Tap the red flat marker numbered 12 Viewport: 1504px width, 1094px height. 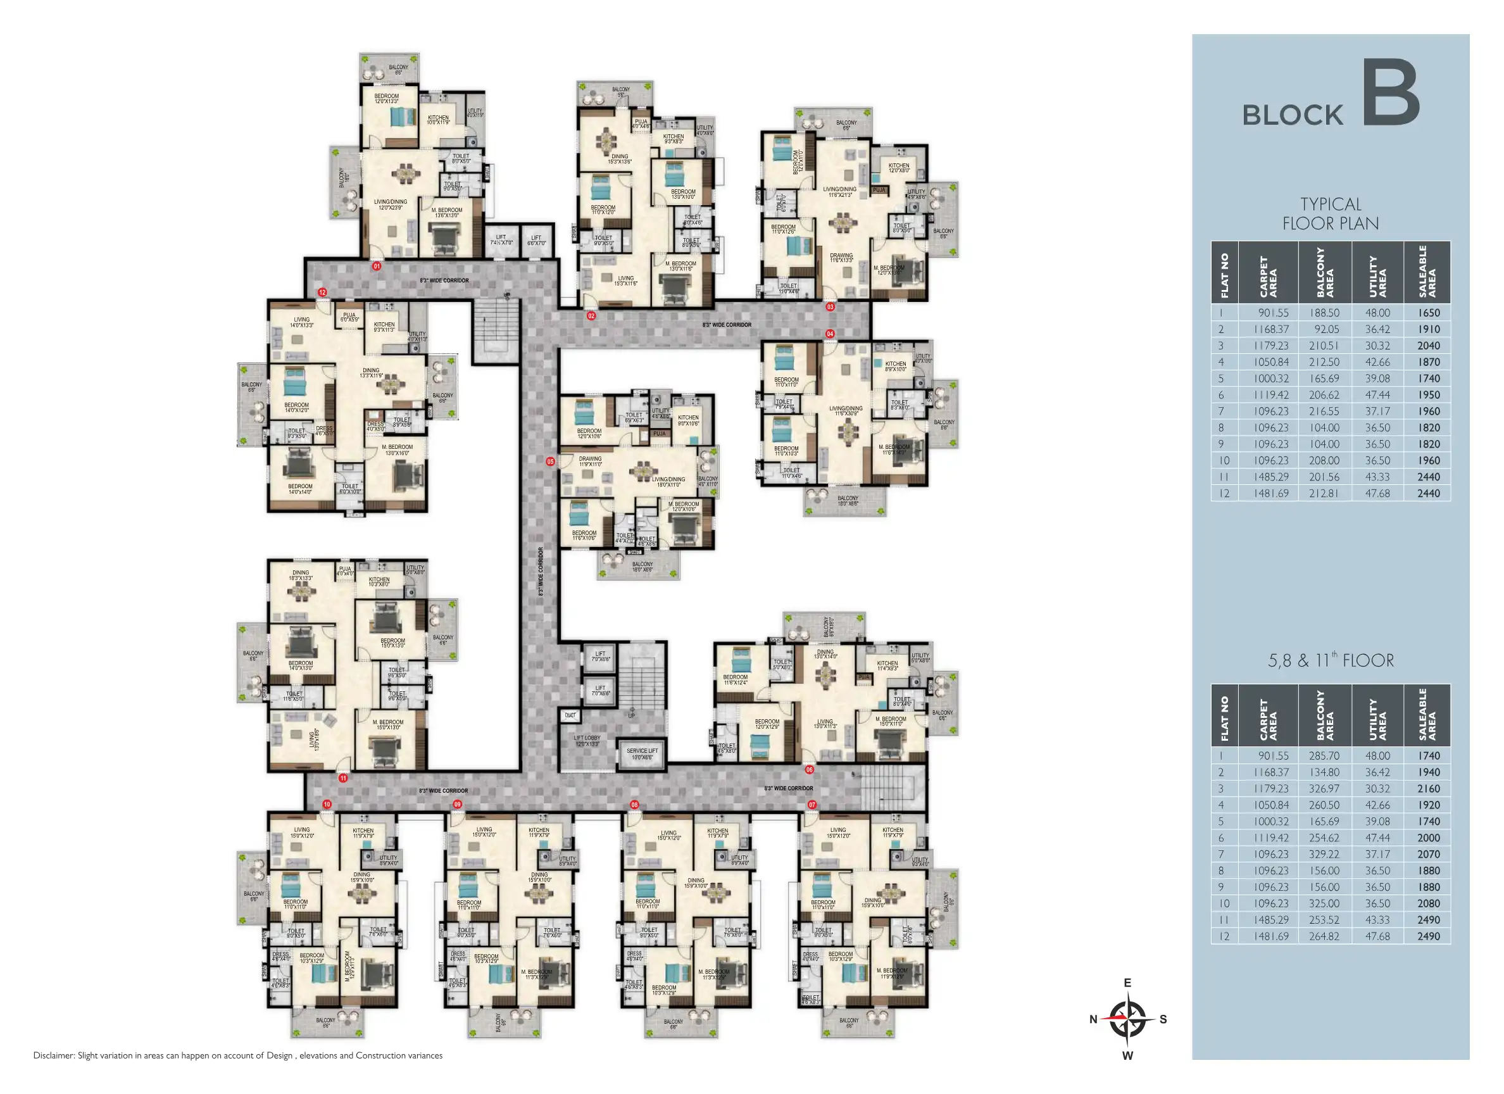coord(322,292)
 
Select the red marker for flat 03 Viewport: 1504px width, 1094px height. coord(830,307)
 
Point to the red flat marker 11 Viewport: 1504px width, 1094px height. coord(343,778)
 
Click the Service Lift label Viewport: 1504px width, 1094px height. coord(642,753)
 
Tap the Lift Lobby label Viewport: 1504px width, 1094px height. coord(587,740)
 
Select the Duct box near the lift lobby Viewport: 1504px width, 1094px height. coord(570,715)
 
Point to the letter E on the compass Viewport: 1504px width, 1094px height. coord(1127,983)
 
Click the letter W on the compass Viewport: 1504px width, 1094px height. coord(1127,1055)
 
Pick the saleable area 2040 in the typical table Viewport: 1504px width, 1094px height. coord(1429,346)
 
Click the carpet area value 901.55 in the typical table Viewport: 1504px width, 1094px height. coord(1273,313)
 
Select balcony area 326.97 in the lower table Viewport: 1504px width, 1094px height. coord(1324,789)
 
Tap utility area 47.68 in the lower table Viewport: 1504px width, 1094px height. coord(1377,936)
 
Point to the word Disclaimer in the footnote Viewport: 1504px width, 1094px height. coord(54,1055)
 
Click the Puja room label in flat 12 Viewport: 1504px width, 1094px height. coord(349,317)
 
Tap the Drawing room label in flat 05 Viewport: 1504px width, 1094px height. coord(589,461)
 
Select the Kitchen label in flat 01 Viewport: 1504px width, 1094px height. coord(438,120)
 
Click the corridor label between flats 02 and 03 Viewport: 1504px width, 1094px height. coord(727,325)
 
